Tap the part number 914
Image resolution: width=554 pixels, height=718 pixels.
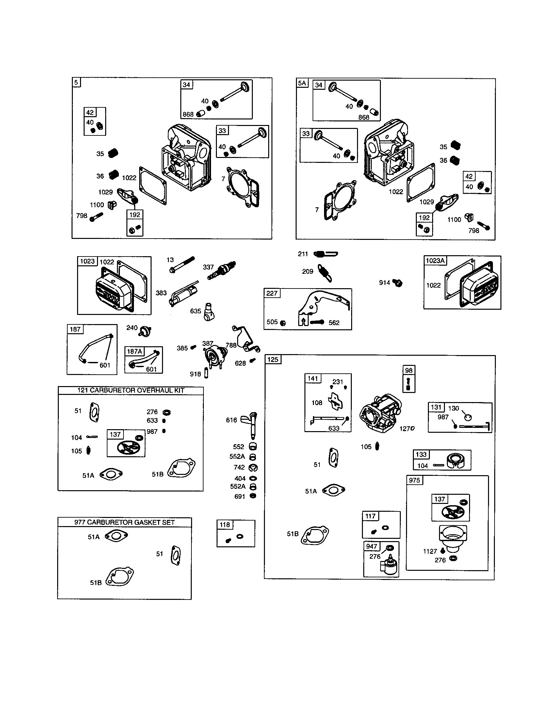[x=384, y=282]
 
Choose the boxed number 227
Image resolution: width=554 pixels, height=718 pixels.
[x=272, y=293]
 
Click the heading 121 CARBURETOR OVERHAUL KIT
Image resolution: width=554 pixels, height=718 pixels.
[x=131, y=390]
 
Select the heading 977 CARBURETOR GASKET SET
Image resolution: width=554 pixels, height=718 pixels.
[x=124, y=522]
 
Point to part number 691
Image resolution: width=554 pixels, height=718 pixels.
[x=239, y=496]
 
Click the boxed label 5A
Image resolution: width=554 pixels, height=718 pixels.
[x=302, y=83]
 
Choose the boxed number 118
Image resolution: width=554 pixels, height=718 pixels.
[x=225, y=524]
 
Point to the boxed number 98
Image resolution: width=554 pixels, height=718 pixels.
[x=409, y=370]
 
